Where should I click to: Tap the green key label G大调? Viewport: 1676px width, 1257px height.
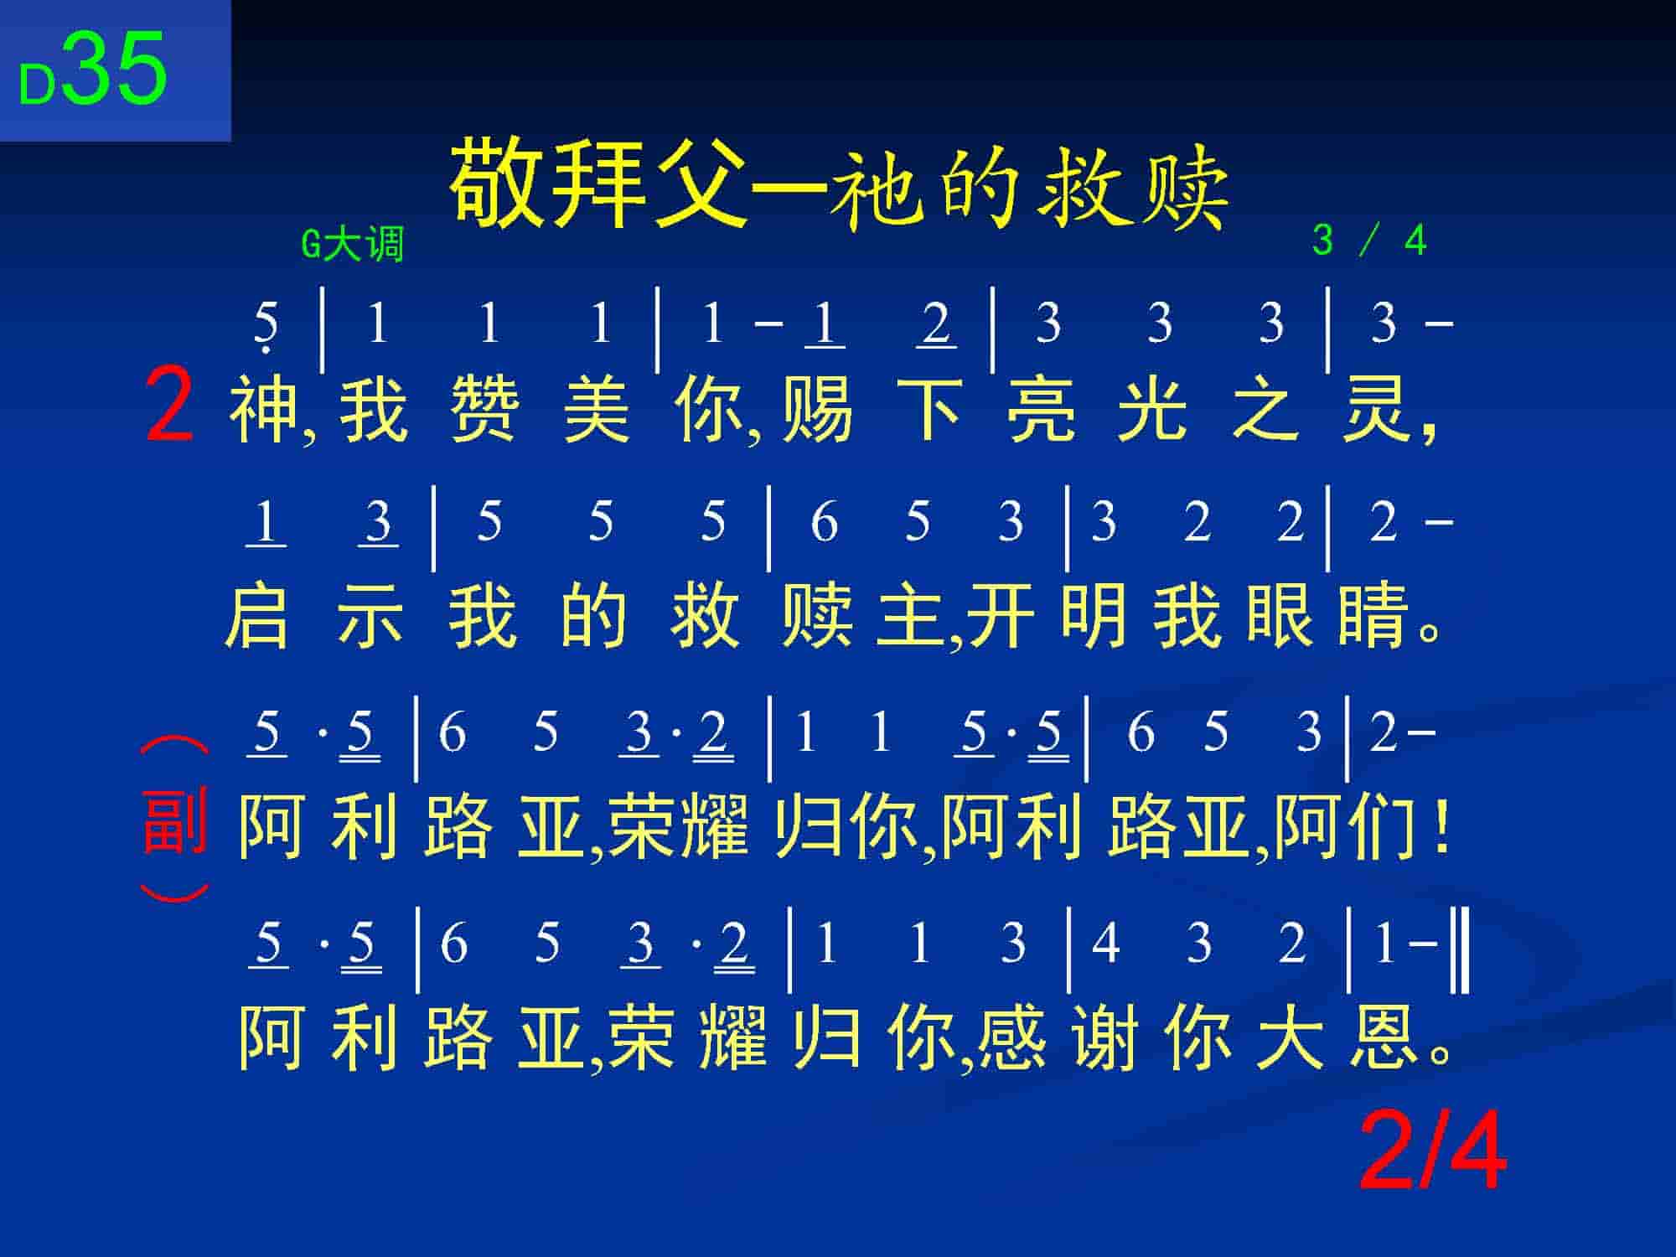coord(353,244)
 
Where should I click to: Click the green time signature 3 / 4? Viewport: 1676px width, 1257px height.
coord(1369,241)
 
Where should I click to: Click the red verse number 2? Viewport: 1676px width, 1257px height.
coord(170,406)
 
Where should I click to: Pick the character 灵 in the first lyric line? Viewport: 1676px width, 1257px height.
coord(1374,410)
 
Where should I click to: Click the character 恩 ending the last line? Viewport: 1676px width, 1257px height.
coord(1384,1036)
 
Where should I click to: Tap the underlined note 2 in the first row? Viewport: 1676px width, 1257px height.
coord(936,323)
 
